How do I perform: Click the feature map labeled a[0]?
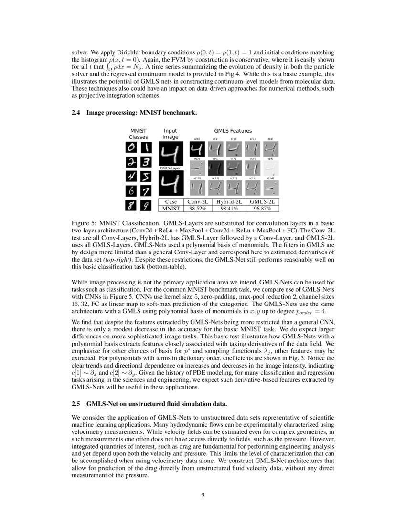point(196,150)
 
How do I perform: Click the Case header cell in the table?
point(171,202)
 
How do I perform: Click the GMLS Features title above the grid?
point(233,131)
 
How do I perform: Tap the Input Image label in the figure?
point(170,134)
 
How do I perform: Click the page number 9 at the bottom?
point(203,494)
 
